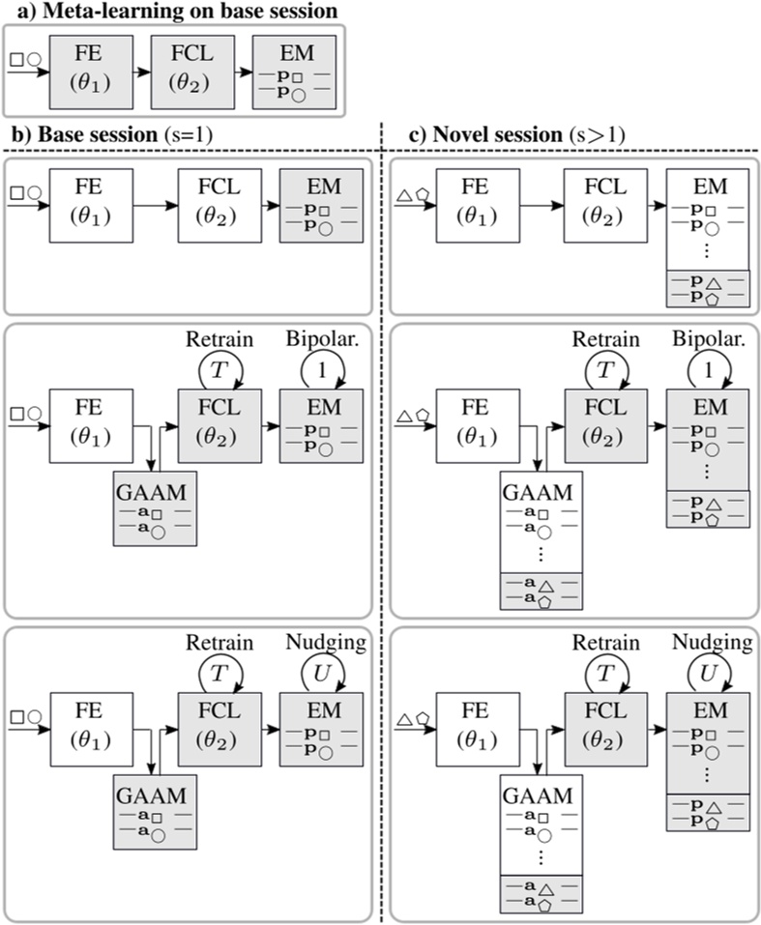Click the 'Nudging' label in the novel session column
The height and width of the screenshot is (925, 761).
click(x=709, y=643)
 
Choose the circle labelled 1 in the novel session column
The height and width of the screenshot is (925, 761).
click(x=709, y=368)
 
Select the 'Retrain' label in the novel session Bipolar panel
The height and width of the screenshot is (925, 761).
click(x=606, y=339)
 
